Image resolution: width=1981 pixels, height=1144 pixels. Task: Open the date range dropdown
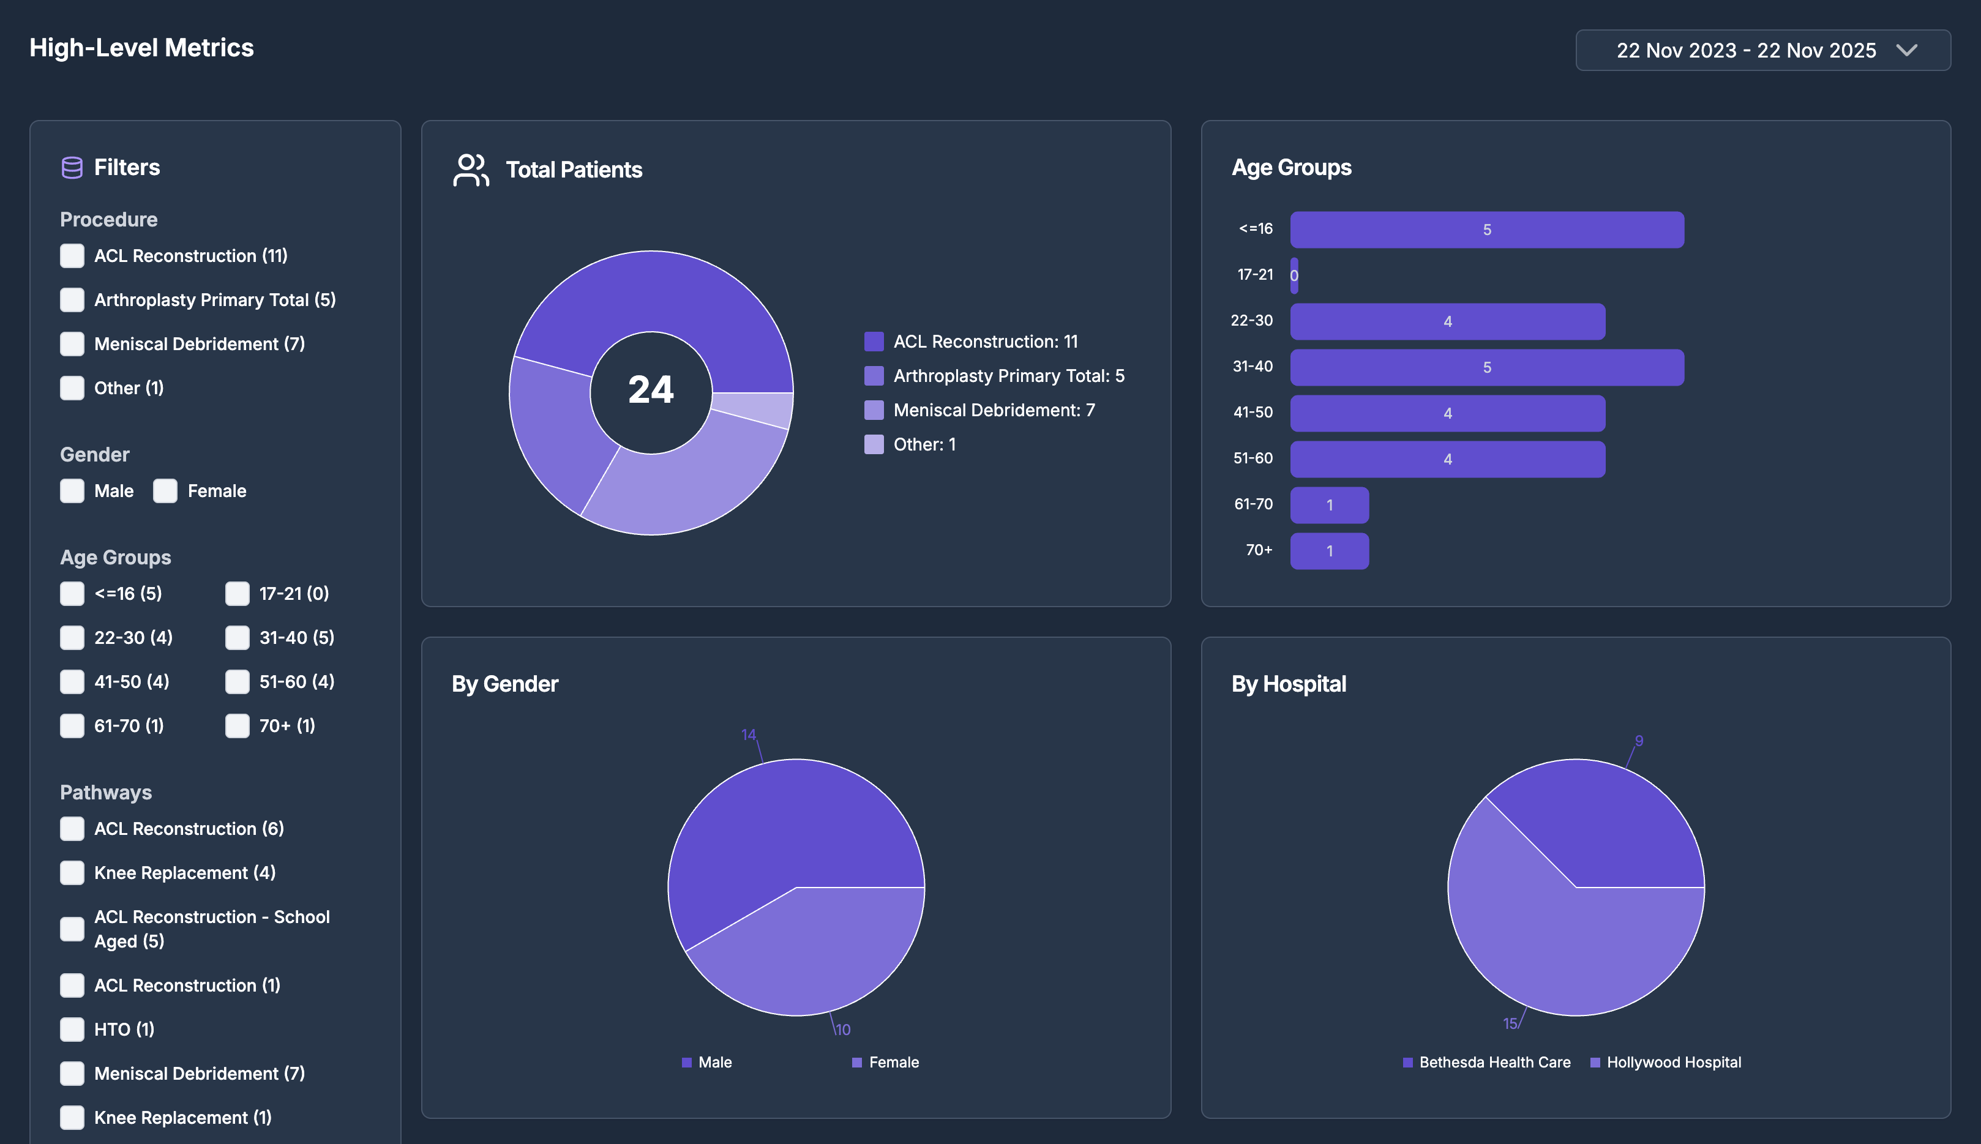click(x=1762, y=50)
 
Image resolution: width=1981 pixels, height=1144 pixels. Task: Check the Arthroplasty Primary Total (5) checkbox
click(x=72, y=299)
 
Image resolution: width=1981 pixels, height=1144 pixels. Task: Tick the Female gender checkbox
click(x=165, y=491)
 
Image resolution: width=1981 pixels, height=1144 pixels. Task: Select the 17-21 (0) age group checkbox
click(x=238, y=593)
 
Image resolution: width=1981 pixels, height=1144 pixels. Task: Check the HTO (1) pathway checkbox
click(x=72, y=1030)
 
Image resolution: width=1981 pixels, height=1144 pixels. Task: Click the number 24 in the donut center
click(x=651, y=390)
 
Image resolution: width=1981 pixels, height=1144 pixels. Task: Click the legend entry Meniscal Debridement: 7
click(x=993, y=410)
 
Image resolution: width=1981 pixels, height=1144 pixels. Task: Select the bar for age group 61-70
click(x=1329, y=505)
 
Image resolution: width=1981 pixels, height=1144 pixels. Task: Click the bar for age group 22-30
click(x=1447, y=321)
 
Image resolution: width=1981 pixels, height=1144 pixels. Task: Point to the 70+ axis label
click(x=1258, y=550)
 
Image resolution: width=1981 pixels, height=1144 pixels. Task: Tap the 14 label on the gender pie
click(x=748, y=735)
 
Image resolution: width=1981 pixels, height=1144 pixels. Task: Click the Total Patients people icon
click(x=471, y=170)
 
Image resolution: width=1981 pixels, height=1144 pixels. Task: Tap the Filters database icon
click(x=72, y=167)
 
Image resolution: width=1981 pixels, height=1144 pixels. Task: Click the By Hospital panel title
click(x=1288, y=684)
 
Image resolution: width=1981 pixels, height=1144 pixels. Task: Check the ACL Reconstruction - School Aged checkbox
click(x=72, y=929)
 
